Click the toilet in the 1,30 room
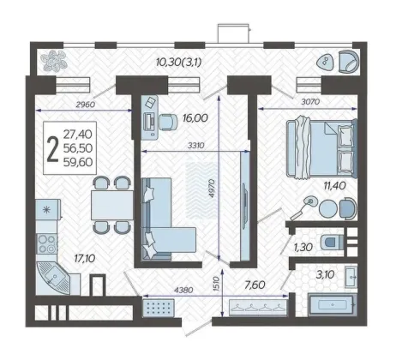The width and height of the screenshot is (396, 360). (x=332, y=243)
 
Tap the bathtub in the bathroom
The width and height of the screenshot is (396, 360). (x=333, y=304)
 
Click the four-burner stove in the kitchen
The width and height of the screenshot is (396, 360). (x=47, y=243)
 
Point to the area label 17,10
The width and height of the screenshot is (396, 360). (x=85, y=259)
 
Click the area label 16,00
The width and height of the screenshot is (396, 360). (x=195, y=117)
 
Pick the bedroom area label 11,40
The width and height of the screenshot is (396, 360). (x=334, y=186)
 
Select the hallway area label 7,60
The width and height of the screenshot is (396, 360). (x=255, y=285)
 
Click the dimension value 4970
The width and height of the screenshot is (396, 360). (x=212, y=189)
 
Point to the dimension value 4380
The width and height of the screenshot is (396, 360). (x=183, y=291)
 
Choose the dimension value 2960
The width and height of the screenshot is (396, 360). (x=85, y=105)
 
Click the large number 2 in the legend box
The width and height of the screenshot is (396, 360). (x=53, y=149)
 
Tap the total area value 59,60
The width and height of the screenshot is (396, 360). (x=78, y=162)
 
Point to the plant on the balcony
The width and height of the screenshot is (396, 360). (x=55, y=61)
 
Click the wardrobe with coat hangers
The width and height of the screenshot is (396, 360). (x=258, y=307)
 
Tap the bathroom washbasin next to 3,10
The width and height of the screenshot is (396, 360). (x=351, y=277)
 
